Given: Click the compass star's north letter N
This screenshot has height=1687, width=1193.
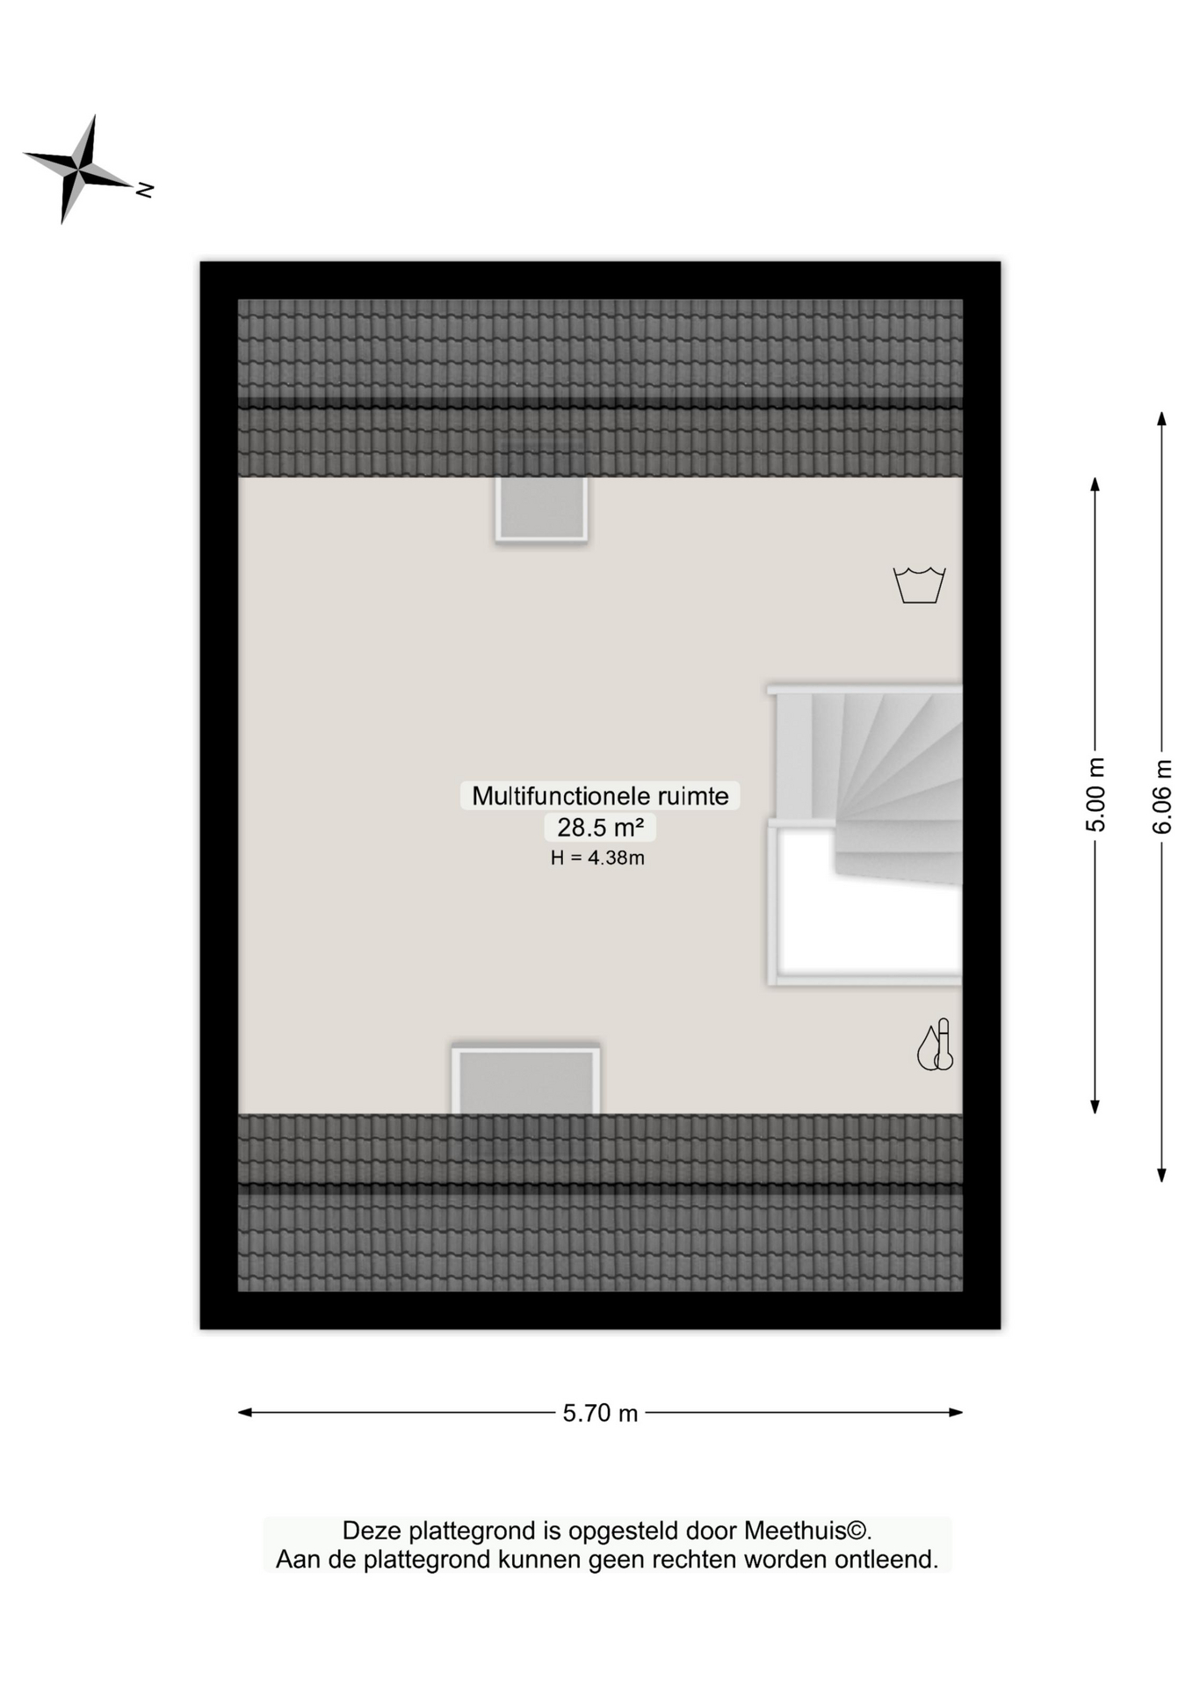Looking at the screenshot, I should point(145,189).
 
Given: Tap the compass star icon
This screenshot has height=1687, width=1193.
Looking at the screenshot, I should point(78,168).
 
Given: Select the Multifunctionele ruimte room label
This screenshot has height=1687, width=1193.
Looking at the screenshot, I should point(600,796).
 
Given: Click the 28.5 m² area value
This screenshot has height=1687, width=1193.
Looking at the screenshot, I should point(600,827).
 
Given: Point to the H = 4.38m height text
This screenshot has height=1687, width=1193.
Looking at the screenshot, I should point(597,858).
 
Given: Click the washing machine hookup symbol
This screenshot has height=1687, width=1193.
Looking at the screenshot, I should point(919,585).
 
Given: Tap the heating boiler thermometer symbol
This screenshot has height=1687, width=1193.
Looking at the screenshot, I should point(936,1046).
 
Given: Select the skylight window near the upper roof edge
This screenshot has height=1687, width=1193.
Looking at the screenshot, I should point(541,509).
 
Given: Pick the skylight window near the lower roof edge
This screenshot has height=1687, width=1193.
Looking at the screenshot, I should point(526,1081).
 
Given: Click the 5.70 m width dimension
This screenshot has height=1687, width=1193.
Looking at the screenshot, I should point(600,1413).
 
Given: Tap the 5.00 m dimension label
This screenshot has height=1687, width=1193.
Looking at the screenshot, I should point(1095,794).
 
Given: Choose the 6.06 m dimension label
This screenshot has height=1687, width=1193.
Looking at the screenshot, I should point(1161,796).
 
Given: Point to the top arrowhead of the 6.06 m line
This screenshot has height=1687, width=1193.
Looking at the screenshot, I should point(1161,418).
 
